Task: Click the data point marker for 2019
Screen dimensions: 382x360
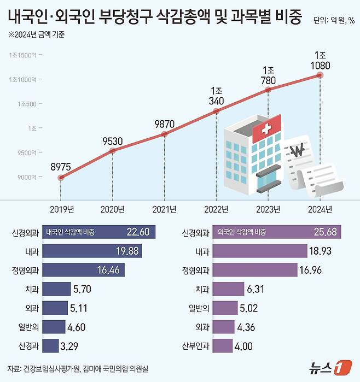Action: pyautogui.click(x=60, y=178)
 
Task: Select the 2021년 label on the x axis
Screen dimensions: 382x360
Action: pyautogui.click(x=164, y=209)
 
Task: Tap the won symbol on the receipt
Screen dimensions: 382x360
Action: pyautogui.click(x=299, y=150)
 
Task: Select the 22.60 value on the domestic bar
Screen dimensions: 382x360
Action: pyautogui.click(x=137, y=232)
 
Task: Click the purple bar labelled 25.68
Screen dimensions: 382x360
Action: pyautogui.click(x=276, y=232)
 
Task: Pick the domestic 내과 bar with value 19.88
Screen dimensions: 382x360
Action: pyautogui.click(x=90, y=251)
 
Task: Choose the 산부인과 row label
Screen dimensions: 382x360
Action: pyautogui.click(x=196, y=346)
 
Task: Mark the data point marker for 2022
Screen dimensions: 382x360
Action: pyautogui.click(x=216, y=111)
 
